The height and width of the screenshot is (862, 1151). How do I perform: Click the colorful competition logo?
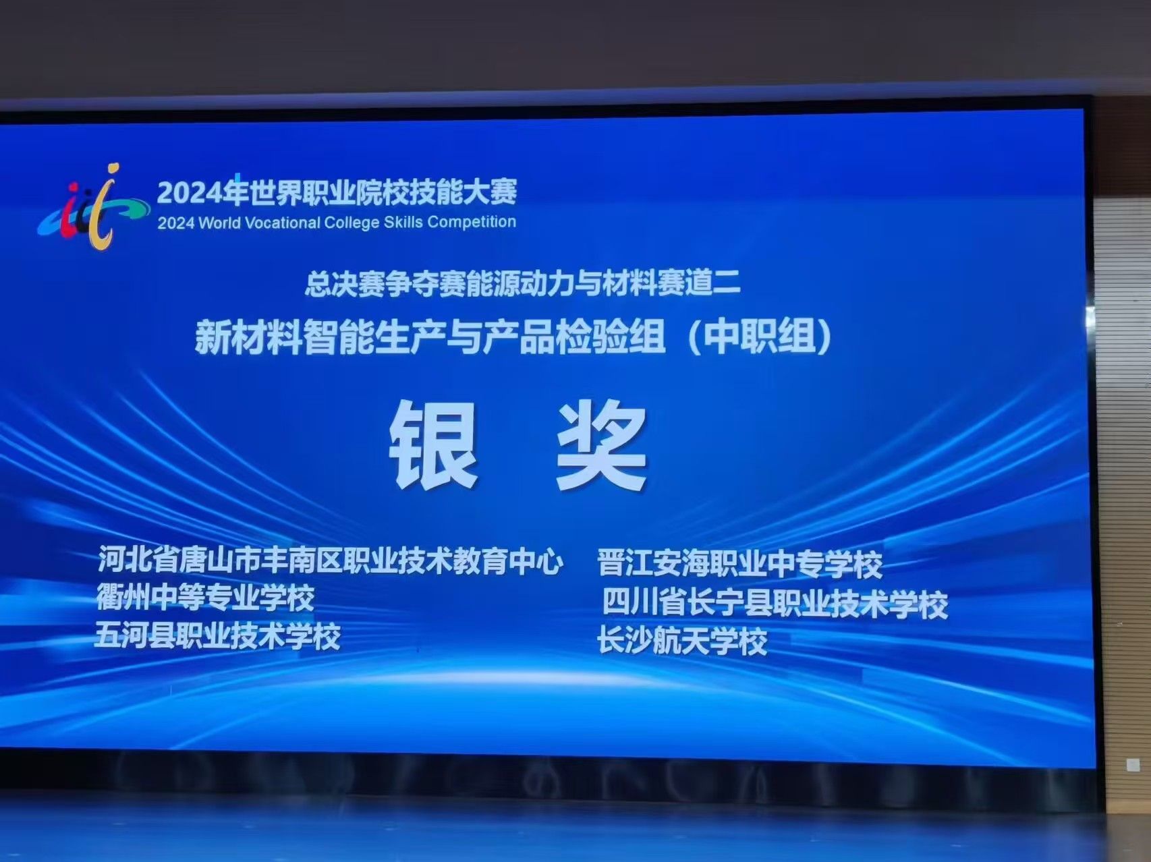[93, 206]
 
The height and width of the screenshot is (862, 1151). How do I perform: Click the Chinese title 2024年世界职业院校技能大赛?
[337, 192]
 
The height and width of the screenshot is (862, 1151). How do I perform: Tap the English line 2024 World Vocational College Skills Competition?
[337, 223]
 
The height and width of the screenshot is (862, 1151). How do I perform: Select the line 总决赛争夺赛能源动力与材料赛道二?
[522, 283]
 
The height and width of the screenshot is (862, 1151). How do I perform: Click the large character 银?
[434, 444]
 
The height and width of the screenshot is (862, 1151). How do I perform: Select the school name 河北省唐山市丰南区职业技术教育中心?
[330, 561]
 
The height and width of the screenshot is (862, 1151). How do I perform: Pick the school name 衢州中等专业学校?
[205, 597]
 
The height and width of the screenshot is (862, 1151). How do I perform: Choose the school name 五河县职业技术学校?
[217, 635]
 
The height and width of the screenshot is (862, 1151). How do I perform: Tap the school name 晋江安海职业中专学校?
[740, 565]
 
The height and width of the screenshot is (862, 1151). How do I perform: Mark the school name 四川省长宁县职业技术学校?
[775, 604]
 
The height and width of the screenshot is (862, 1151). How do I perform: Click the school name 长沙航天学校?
[683, 641]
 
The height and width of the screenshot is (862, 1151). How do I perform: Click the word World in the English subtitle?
[219, 223]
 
